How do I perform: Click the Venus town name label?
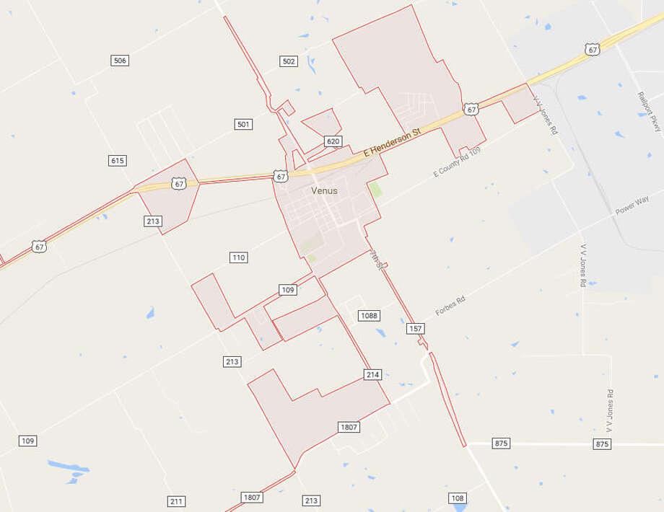324,191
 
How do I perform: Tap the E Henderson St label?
393,144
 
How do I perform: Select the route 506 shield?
120,61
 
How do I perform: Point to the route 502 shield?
289,61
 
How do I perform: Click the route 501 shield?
244,125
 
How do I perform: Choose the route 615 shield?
118,160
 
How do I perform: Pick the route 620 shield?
333,141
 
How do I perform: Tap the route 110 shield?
239,257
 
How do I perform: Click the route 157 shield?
415,329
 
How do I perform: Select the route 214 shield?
372,375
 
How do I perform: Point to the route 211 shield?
177,501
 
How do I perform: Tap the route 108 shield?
457,498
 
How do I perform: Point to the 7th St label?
376,259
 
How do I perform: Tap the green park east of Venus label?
375,190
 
